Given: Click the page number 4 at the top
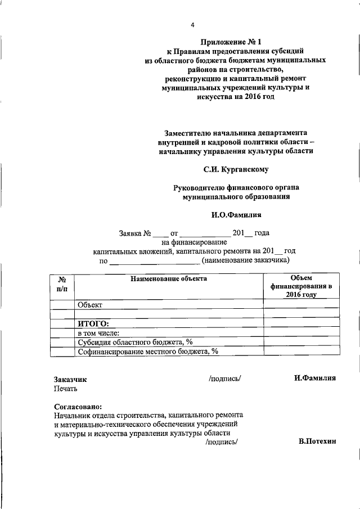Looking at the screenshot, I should pyautogui.click(x=192, y=25).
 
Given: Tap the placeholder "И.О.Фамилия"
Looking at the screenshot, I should pyautogui.click(x=236, y=214).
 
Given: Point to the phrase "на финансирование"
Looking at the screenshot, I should pyautogui.click(x=193, y=242).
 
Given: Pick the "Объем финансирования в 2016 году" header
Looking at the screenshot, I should pyautogui.click(x=301, y=286).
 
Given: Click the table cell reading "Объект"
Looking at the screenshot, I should pyautogui.click(x=89, y=304).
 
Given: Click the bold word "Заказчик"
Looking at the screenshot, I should pyautogui.click(x=70, y=380).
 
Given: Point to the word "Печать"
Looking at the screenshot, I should pyautogui.click(x=66, y=388).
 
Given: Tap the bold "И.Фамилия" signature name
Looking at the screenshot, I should pyautogui.click(x=314, y=379).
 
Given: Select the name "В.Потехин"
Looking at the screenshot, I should pyautogui.click(x=317, y=442).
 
